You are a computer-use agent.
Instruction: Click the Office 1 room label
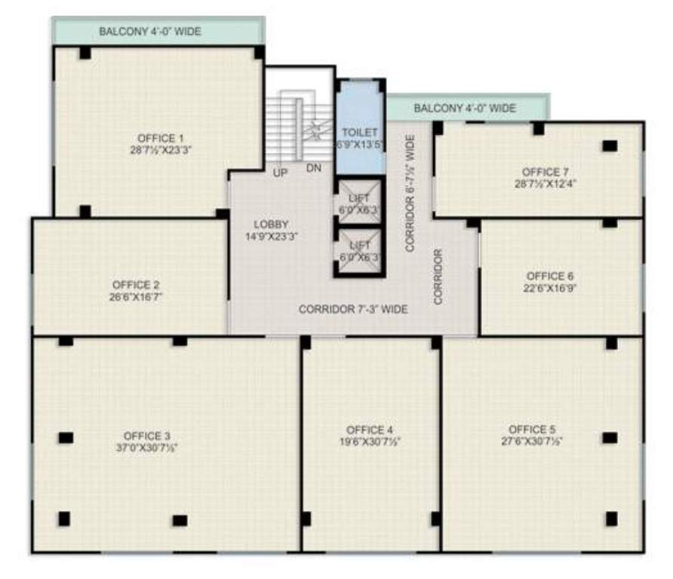(160, 138)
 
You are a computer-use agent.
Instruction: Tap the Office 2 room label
(135, 285)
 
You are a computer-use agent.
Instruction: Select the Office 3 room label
(147, 436)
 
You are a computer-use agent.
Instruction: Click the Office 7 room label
(539, 172)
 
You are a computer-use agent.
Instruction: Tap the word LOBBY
(272, 224)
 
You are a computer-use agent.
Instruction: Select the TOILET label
(360, 133)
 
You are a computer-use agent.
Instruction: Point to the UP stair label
(280, 172)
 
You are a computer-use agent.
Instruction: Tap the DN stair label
(315, 168)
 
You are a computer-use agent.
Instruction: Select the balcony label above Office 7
(465, 109)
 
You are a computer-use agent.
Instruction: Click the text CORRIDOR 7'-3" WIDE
(353, 309)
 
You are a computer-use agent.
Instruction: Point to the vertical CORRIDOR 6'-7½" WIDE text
(410, 192)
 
